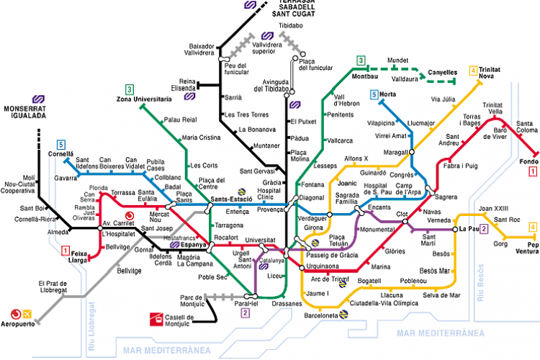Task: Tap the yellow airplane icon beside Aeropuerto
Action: coord(27,313)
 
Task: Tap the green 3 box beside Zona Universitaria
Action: coord(129,89)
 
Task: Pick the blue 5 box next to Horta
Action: coord(374,94)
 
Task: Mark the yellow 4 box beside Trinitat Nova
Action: coord(473,71)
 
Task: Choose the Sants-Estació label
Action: coord(230,199)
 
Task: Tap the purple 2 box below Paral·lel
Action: coord(246,312)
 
